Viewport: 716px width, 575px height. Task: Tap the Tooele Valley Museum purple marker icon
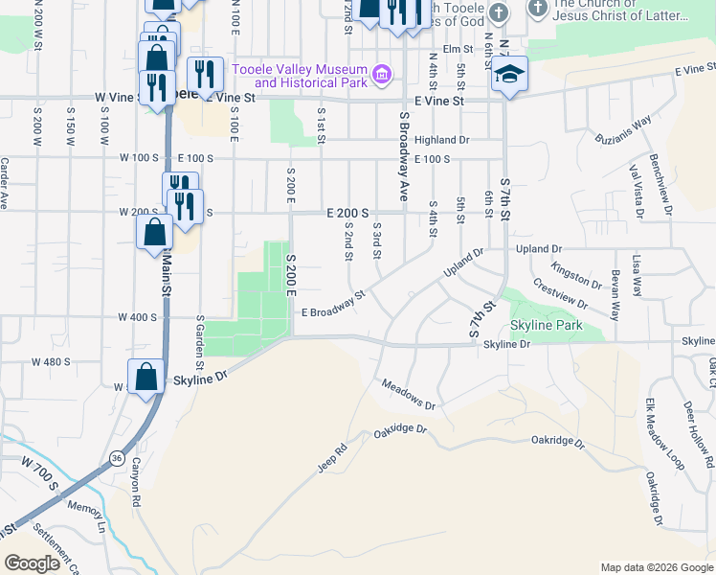[x=382, y=73]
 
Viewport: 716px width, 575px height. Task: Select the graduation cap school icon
[x=510, y=76]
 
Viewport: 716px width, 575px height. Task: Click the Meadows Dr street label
[x=408, y=395]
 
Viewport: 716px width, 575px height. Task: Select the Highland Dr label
[x=441, y=140]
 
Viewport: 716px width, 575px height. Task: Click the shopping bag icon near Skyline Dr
[x=146, y=376]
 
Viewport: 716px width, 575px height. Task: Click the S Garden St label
[x=199, y=341]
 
